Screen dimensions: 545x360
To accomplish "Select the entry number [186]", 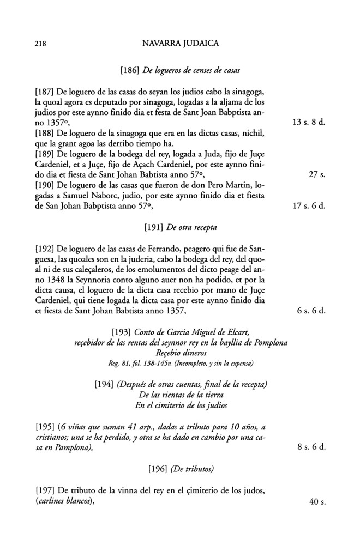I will [x=129, y=70].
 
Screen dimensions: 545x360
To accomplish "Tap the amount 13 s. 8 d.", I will [x=309, y=123].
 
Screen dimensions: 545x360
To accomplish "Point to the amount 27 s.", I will [x=316, y=175].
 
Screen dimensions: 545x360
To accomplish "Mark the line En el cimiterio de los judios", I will [x=180, y=404].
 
